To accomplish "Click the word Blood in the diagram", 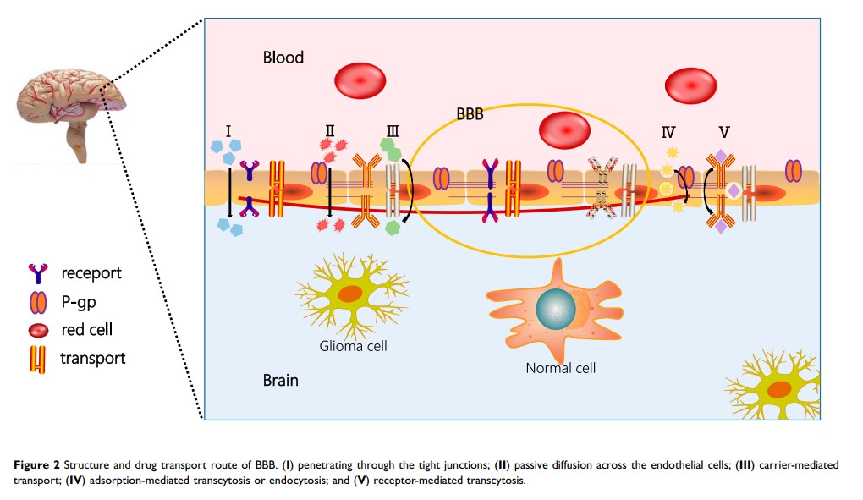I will [283, 58].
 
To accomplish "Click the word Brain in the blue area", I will [280, 380].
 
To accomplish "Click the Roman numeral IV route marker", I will [668, 131].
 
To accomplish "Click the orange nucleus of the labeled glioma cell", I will [352, 296].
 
